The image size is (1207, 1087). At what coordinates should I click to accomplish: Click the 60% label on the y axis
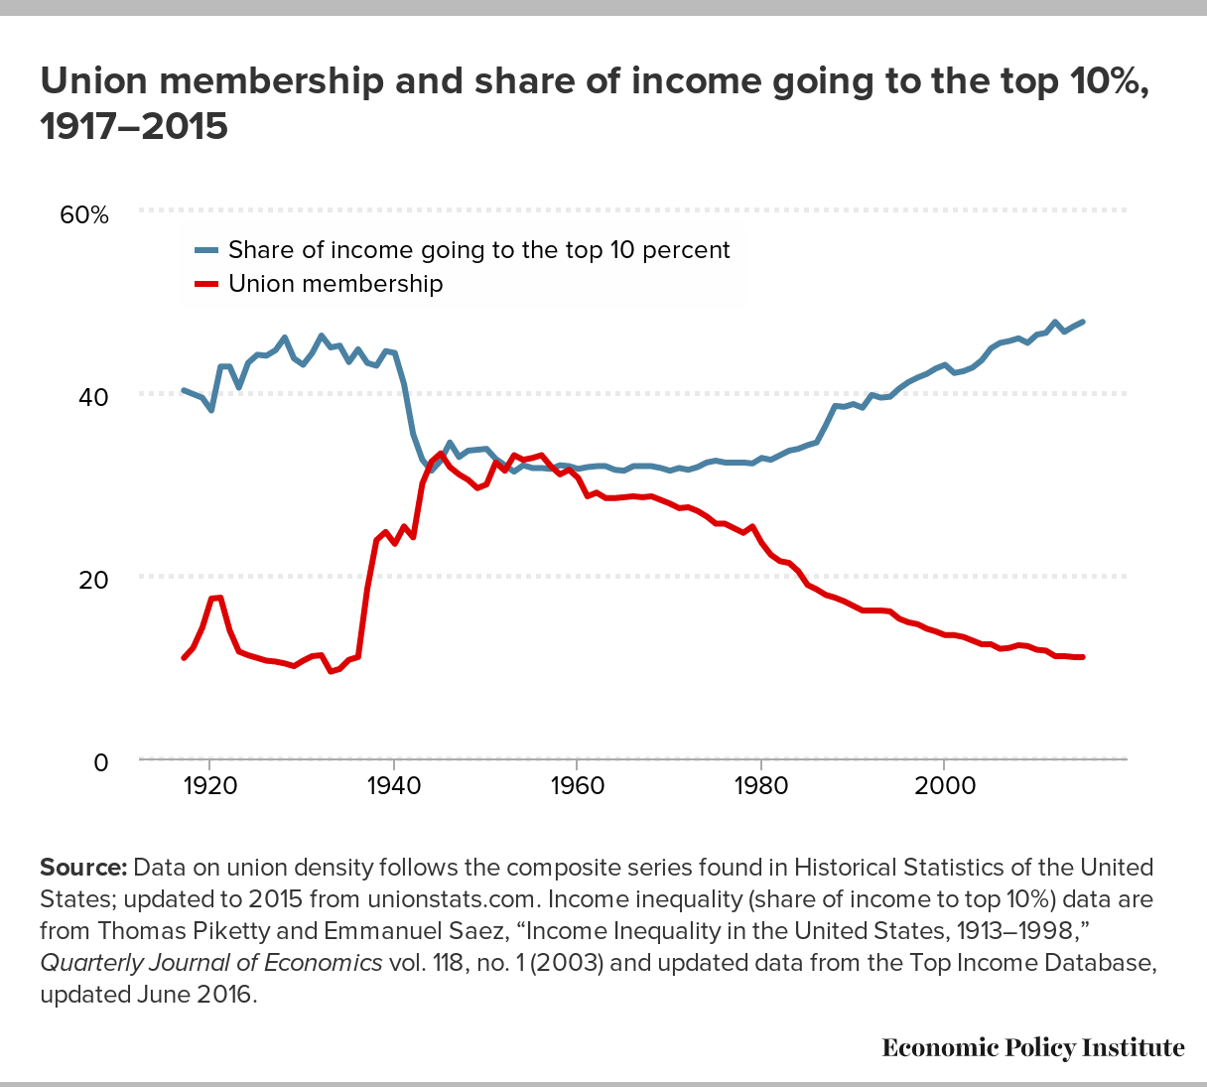coord(85,214)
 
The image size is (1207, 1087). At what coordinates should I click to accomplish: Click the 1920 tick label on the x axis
coord(209,785)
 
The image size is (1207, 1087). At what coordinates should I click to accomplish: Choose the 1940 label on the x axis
coord(394,785)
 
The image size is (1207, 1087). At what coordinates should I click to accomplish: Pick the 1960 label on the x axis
coord(578,785)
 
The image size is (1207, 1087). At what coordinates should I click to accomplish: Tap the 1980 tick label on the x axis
coord(761,785)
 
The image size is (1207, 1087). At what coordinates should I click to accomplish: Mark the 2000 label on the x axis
coord(944,785)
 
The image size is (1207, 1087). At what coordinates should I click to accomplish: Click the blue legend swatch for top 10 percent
coord(205,250)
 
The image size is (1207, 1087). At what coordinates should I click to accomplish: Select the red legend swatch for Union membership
coord(205,284)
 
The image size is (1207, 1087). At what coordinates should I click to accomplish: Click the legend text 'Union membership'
coord(335,284)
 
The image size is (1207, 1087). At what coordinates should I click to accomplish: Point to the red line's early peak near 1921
coord(218,598)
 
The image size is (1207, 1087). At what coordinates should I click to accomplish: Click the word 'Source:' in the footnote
coord(83,868)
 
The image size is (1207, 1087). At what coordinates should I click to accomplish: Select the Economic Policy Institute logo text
coord(1033,1048)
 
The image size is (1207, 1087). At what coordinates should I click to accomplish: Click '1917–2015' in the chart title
coord(134,127)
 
